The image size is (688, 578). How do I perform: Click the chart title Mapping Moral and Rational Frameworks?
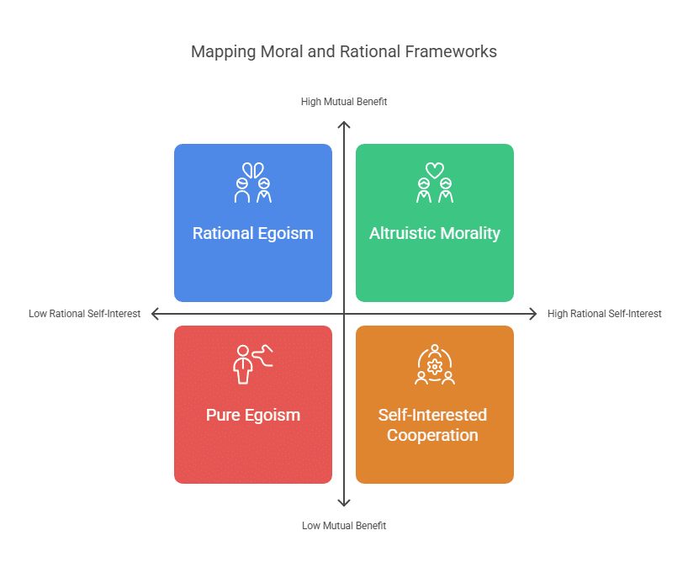(343, 52)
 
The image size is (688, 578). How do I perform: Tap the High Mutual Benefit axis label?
(343, 102)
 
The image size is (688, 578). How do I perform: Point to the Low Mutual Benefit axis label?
(343, 526)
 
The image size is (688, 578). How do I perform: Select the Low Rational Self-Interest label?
(84, 314)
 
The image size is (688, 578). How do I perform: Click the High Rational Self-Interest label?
(604, 314)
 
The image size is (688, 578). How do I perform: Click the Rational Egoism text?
(252, 234)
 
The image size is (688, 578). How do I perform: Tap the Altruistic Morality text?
(434, 234)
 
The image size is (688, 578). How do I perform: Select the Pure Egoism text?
(252, 415)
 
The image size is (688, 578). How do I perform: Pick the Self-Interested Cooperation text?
(434, 425)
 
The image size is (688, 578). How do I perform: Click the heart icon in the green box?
(434, 170)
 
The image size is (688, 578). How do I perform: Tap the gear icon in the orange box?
(434, 367)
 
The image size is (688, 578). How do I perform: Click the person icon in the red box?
(244, 364)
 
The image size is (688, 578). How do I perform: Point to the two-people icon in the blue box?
(252, 183)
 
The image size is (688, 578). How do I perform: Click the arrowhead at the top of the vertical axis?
(343, 125)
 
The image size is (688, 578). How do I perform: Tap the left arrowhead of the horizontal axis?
(155, 314)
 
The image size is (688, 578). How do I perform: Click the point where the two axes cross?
(343, 314)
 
